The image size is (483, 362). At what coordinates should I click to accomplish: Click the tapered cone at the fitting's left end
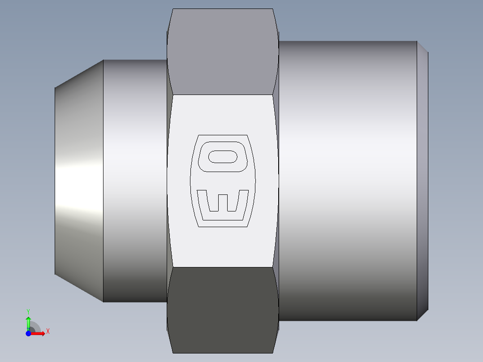click(x=79, y=181)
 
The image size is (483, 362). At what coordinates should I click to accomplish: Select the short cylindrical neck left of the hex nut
click(x=134, y=181)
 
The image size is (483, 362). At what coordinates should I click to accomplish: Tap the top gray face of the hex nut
click(x=223, y=52)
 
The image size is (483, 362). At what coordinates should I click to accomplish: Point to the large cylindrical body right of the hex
click(x=347, y=181)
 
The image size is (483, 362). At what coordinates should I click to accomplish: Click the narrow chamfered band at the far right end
click(x=423, y=181)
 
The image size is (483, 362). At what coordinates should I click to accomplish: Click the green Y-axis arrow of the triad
click(x=28, y=322)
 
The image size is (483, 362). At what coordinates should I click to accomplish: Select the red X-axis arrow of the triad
click(x=39, y=333)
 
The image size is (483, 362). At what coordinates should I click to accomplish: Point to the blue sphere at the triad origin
click(x=28, y=333)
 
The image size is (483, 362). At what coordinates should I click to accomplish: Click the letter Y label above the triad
click(x=28, y=311)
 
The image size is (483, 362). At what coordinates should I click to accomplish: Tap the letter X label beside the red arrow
click(x=47, y=332)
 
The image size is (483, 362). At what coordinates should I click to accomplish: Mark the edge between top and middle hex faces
click(x=223, y=95)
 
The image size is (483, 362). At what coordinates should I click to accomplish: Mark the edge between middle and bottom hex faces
click(x=223, y=267)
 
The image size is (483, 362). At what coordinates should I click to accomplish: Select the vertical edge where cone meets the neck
click(x=103, y=181)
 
